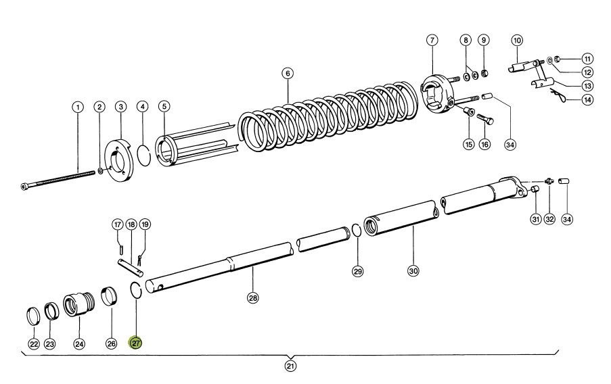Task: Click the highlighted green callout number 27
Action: coord(137,343)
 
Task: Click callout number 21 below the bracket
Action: coord(291,366)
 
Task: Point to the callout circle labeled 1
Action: coord(78,107)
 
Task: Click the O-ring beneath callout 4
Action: coord(144,154)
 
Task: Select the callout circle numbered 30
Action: coord(413,271)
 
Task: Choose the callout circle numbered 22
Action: coord(32,344)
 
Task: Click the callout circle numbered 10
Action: coord(517,41)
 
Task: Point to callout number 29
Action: coord(358,271)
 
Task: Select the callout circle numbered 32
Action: coord(549,219)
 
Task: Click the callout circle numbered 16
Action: coord(484,144)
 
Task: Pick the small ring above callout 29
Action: coord(355,232)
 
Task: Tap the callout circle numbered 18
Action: coord(131,224)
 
